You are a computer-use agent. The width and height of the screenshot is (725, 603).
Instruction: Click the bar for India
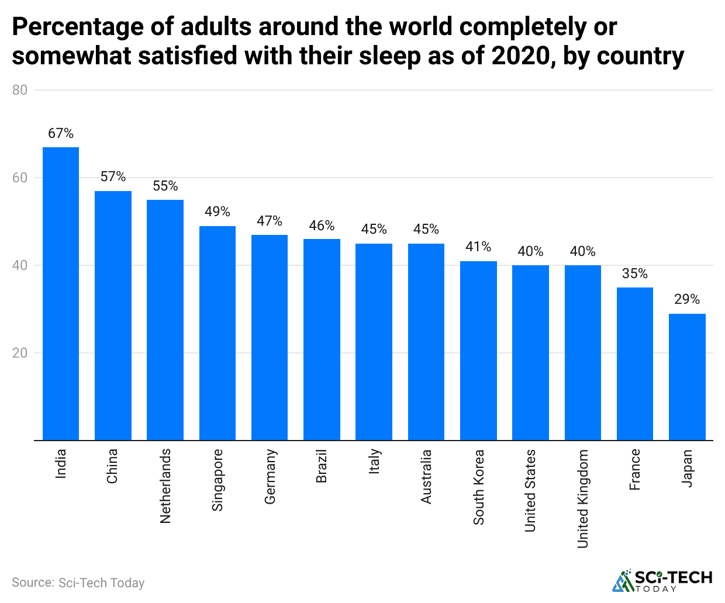click(x=61, y=293)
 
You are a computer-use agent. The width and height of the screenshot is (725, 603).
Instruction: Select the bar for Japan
click(x=687, y=377)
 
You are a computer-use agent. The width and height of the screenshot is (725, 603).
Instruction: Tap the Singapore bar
click(x=217, y=333)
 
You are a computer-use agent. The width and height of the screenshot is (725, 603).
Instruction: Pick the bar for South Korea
click(x=478, y=351)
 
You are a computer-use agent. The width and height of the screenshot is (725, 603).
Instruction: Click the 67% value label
click(x=61, y=134)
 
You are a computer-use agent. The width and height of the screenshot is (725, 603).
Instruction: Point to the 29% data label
click(x=687, y=300)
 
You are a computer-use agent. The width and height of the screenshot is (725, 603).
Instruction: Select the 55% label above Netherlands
click(x=165, y=186)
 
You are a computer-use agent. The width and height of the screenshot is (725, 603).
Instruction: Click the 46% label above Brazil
click(x=322, y=226)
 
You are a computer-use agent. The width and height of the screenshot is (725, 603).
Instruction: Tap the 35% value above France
click(x=635, y=274)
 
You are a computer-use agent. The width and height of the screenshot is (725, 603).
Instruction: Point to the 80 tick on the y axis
click(x=20, y=90)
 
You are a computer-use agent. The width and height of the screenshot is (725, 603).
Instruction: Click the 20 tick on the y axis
click(x=20, y=353)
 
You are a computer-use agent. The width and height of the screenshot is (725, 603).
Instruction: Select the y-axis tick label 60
click(x=20, y=178)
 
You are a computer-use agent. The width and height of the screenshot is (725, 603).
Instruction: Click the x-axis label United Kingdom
click(x=583, y=499)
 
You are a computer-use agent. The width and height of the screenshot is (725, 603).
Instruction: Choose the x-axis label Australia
click(x=426, y=477)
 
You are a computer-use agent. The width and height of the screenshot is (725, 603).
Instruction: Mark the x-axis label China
click(x=112, y=466)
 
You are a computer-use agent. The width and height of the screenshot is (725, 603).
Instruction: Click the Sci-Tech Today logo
click(x=662, y=580)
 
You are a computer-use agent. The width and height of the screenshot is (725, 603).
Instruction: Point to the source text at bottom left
click(x=78, y=583)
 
